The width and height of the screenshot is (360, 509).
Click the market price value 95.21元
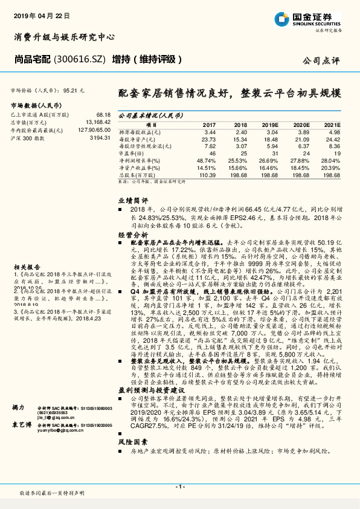[73, 89]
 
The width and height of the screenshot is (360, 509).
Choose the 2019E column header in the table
[269, 124]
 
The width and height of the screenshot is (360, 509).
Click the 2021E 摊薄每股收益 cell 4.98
[332, 131]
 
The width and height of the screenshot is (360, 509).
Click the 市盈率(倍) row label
[133, 153]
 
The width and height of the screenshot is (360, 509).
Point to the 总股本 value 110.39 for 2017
[207, 174]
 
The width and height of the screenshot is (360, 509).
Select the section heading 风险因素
[132, 443]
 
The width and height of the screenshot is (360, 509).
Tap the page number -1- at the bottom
[179, 487]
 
